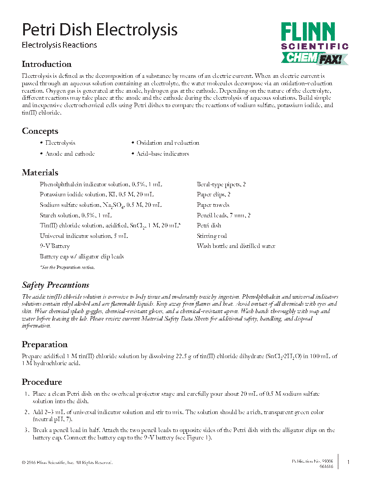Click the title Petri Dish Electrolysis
coord(100,30)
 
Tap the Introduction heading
coord(47,64)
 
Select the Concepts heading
coord(40,131)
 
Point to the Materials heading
coord(40,173)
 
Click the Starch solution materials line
coord(76,216)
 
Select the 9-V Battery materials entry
coord(55,247)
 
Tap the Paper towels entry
coord(213,205)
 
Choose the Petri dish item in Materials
coord(209,226)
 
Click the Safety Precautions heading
coord(56,285)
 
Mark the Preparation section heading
coord(45,345)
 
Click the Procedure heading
coord(42,382)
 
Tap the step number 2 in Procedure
coord(27,412)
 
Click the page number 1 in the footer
coord(348,462)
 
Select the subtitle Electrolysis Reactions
coord(60,45)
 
